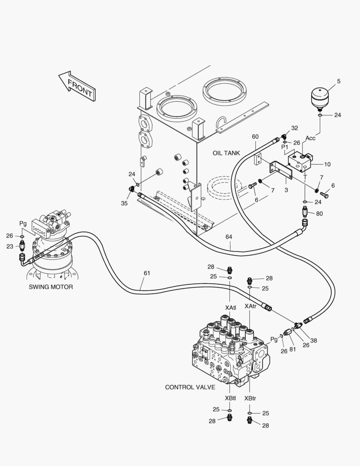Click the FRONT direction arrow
pos(78,86)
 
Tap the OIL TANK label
pos(226,153)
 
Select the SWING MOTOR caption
pos(51,287)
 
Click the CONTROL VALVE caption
pos(190,387)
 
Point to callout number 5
pos(338,81)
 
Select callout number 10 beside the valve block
pos(327,164)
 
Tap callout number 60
pos(255,137)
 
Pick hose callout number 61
pos(147,273)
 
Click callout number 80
pos(319,213)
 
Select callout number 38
pos(313,340)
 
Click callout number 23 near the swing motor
pos(10,246)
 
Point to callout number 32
pos(294,128)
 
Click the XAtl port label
pos(230,308)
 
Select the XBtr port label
pos(250,398)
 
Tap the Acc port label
pos(310,138)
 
